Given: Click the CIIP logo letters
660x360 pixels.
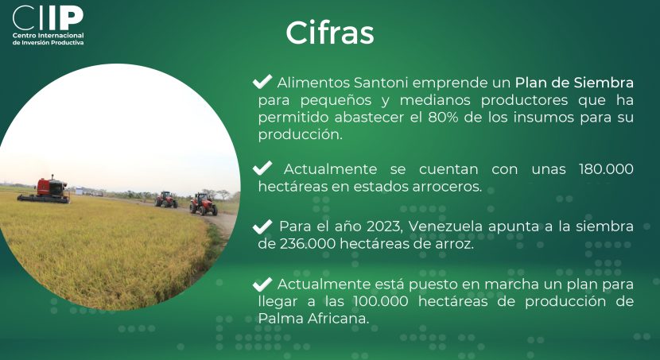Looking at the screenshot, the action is [48, 17].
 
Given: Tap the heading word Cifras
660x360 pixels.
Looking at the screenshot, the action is [330, 33].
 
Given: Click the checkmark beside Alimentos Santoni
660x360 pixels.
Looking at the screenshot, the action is [262, 81].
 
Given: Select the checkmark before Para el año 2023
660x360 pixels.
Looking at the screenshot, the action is [262, 226].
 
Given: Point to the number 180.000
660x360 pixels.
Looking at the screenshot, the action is [606, 169].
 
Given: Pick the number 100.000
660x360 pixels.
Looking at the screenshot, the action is [381, 301].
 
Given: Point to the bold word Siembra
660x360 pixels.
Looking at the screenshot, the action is [604, 83].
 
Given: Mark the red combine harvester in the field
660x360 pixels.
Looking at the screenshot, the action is [45, 191].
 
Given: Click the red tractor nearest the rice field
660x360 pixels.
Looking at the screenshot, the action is [204, 204].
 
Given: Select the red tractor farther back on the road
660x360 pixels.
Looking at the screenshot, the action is [166, 199].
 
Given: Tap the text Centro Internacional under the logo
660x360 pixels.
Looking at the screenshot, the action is [48, 36].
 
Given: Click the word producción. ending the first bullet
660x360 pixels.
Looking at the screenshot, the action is [301, 135].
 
